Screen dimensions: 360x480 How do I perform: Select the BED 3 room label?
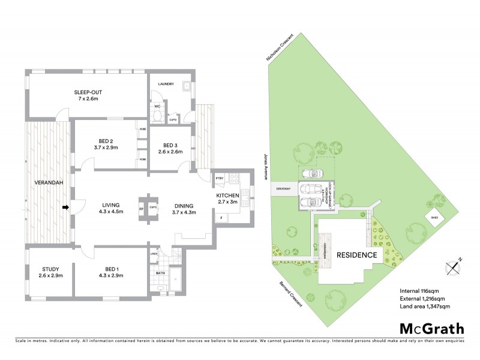[x=170, y=145]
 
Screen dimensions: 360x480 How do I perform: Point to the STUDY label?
[x=50, y=269]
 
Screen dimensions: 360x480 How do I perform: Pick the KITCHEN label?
[x=228, y=196]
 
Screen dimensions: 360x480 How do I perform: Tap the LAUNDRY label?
[x=166, y=84]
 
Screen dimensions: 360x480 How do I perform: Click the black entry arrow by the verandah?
[x=67, y=208]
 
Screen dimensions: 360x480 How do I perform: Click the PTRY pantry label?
[x=219, y=179]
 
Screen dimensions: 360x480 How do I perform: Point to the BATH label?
[x=160, y=273]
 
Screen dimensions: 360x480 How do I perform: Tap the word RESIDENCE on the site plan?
[x=356, y=254]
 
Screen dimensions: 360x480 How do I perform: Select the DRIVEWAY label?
[x=283, y=188]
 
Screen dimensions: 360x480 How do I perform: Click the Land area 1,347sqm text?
[x=425, y=306]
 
